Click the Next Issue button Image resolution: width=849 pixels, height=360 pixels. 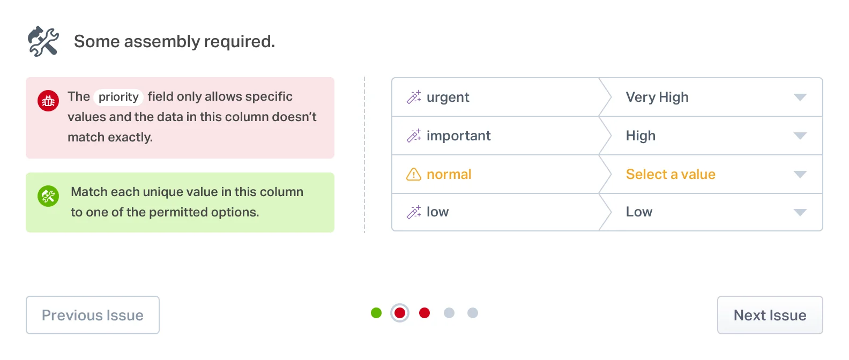pos(770,315)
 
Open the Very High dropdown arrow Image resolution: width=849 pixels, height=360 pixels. pos(800,97)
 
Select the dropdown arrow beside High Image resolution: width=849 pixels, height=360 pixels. pos(800,136)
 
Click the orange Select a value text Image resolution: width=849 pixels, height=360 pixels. pos(671,175)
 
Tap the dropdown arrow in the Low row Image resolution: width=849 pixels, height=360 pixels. pos(800,213)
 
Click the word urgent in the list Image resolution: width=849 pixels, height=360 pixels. pos(448,97)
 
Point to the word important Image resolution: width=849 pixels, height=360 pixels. pos(458,136)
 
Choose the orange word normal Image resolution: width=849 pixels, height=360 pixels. pos(449,175)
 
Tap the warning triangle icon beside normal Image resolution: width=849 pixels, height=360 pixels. pos(414,175)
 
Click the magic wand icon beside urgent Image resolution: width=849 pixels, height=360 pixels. pos(414,97)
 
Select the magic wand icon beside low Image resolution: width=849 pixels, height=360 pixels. pos(414,213)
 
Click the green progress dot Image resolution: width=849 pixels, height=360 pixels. pos(376,313)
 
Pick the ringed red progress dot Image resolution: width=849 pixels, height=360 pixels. pos(400,313)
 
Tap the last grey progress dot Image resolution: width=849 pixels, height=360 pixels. pos(472,313)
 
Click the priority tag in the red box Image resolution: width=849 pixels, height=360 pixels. pos(118,97)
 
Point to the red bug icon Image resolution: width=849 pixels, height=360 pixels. pos(48,101)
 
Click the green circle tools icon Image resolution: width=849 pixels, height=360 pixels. pos(48,196)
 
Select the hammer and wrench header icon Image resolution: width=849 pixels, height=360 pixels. pos(43,41)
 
